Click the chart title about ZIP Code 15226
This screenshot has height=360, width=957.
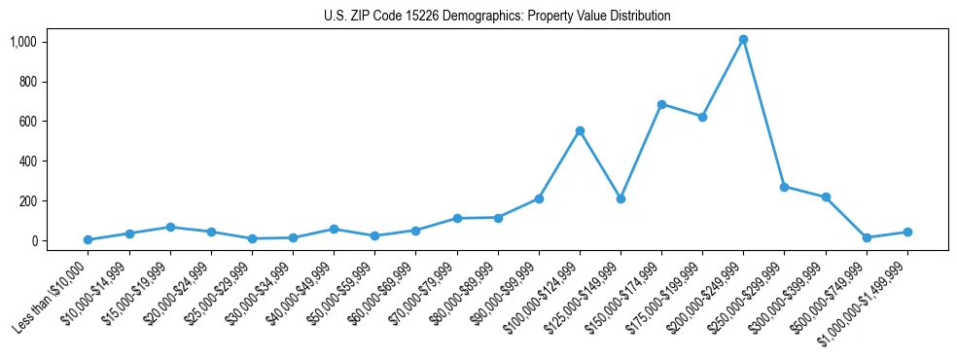point(497,16)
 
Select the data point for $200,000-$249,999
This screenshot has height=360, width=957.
point(743,40)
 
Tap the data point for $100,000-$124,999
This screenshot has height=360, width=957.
point(580,130)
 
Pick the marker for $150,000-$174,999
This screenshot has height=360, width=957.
point(661,104)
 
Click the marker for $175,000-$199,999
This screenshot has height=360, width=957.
point(702,117)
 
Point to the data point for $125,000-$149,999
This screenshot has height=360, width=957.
point(620,198)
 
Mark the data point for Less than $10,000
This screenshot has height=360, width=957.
point(89,239)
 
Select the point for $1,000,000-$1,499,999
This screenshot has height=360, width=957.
point(907,232)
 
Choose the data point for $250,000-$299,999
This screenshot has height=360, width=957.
point(784,187)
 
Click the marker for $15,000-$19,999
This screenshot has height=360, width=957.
point(170,227)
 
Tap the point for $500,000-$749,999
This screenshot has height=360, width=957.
point(867,237)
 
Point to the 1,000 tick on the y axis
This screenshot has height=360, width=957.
point(22,42)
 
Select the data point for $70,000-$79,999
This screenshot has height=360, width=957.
point(457,218)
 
